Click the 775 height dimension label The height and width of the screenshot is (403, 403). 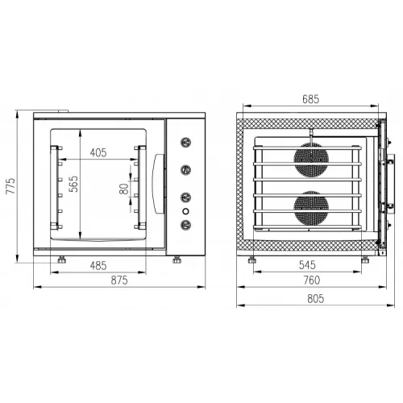[x=10, y=186]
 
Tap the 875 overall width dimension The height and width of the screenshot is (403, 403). [x=119, y=280]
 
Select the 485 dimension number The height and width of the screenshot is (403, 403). [x=98, y=266]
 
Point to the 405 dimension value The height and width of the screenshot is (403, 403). [x=98, y=152]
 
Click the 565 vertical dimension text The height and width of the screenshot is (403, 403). [x=73, y=184]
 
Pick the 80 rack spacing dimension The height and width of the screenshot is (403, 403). [x=124, y=189]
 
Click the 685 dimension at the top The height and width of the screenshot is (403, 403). [x=311, y=99]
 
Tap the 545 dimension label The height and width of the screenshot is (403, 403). [x=307, y=265]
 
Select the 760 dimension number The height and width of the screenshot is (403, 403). [x=312, y=280]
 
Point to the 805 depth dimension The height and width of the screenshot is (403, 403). [x=316, y=299]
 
